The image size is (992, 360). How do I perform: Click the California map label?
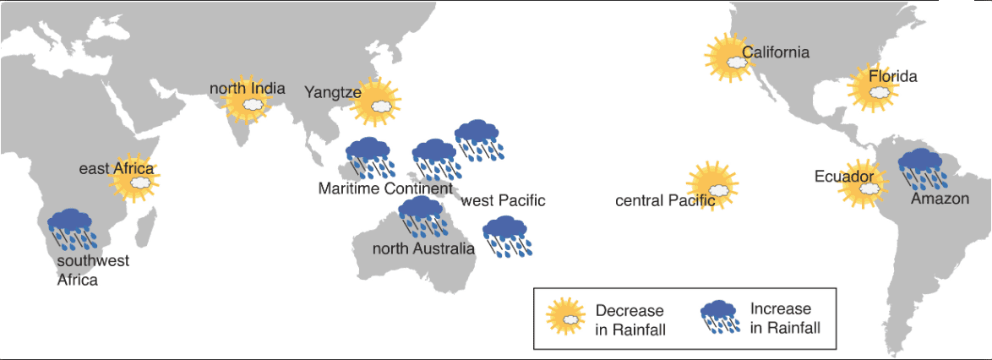[x=776, y=52]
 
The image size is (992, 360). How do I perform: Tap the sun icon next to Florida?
[x=874, y=89]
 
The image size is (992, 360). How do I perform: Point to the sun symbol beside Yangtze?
[x=376, y=102]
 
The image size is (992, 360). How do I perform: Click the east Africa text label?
[x=117, y=169]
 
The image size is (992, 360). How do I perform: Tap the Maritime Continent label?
[x=385, y=188]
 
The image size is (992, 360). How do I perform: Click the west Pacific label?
[x=503, y=201]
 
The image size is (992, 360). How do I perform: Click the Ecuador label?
[x=845, y=176]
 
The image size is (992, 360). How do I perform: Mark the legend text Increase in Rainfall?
[x=784, y=319]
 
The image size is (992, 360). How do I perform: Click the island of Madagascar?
[x=147, y=226]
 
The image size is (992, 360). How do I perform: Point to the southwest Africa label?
[x=93, y=270]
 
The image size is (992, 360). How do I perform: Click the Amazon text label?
[x=940, y=199]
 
